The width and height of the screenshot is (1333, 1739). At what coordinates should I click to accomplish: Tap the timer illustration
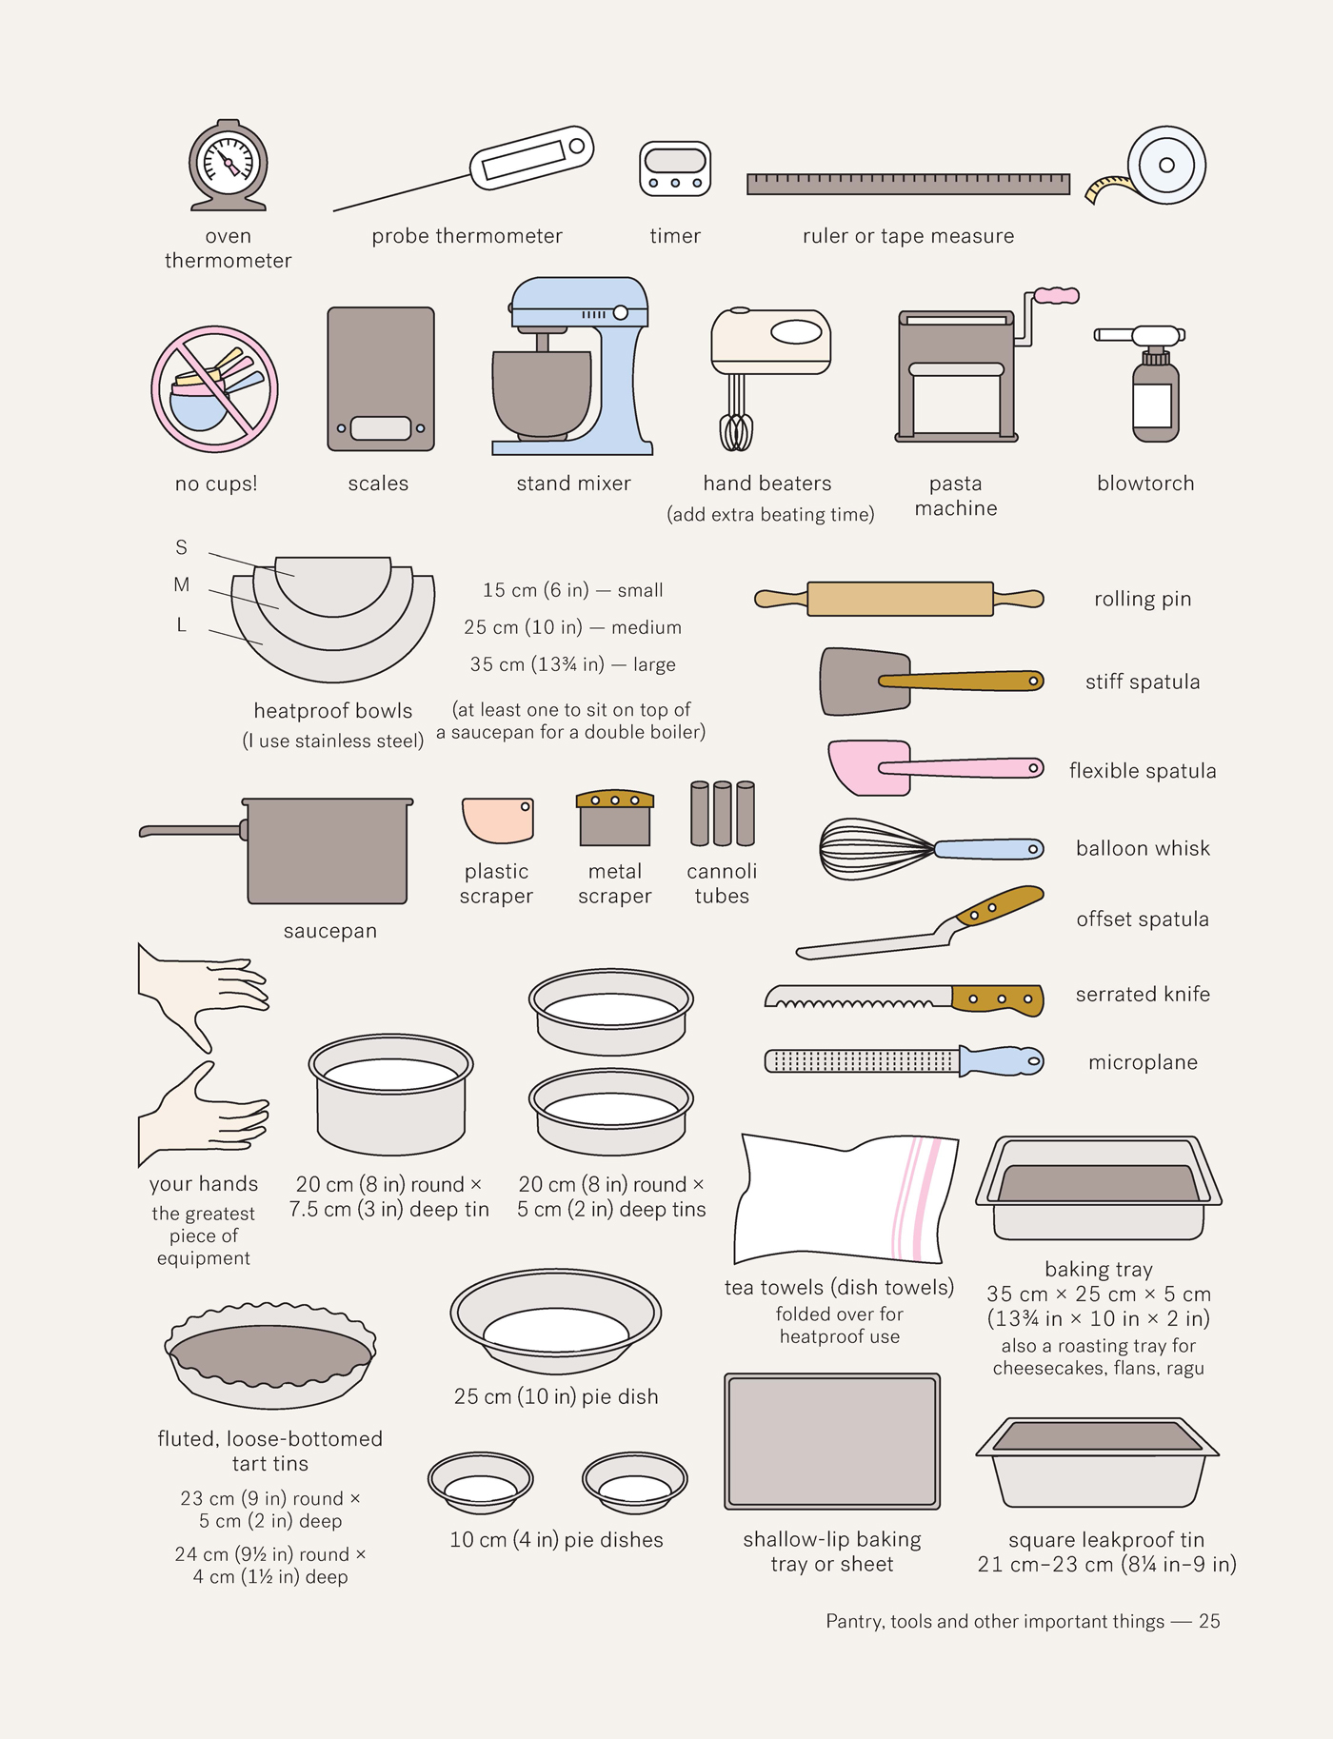[675, 168]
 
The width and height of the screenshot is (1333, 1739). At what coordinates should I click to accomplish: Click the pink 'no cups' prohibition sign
[215, 388]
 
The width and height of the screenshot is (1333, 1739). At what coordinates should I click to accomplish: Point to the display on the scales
[381, 428]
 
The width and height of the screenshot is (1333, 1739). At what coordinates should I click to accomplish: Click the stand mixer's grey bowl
[541, 392]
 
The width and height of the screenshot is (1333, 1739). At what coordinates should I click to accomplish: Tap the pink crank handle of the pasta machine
[1057, 296]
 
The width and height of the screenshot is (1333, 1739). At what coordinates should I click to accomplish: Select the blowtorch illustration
[1154, 385]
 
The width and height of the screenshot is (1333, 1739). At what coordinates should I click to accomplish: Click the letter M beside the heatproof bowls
[181, 584]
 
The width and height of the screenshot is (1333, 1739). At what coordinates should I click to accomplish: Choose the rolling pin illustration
[899, 599]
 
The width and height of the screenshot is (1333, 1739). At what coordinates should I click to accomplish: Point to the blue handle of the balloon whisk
[989, 849]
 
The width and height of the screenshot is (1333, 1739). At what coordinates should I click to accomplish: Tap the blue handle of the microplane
[1001, 1061]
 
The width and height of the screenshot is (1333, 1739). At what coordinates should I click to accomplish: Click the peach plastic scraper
[497, 820]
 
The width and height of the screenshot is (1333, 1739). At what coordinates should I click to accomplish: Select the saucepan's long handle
[191, 831]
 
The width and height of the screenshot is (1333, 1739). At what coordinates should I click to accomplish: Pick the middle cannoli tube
[723, 814]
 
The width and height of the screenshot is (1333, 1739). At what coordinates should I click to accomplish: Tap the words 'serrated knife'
[1143, 994]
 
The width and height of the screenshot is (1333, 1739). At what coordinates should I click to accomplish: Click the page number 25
[1209, 1621]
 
